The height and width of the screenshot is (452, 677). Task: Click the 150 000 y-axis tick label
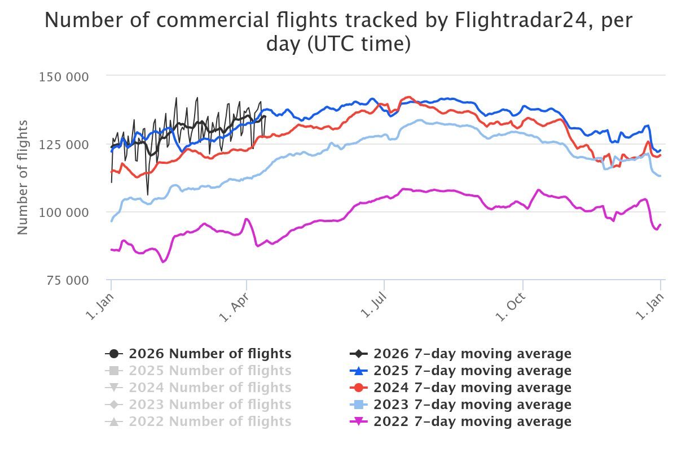click(x=63, y=77)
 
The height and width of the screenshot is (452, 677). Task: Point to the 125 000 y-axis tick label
click(x=63, y=145)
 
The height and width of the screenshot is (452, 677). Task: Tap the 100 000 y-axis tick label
click(x=63, y=212)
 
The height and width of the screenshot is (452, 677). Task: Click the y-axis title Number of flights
click(x=23, y=177)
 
